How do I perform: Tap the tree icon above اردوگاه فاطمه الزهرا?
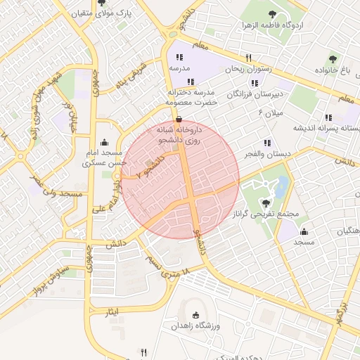coord(271,13)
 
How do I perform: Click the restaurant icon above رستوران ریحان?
coord(248,58)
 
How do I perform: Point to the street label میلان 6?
coord(269,112)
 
